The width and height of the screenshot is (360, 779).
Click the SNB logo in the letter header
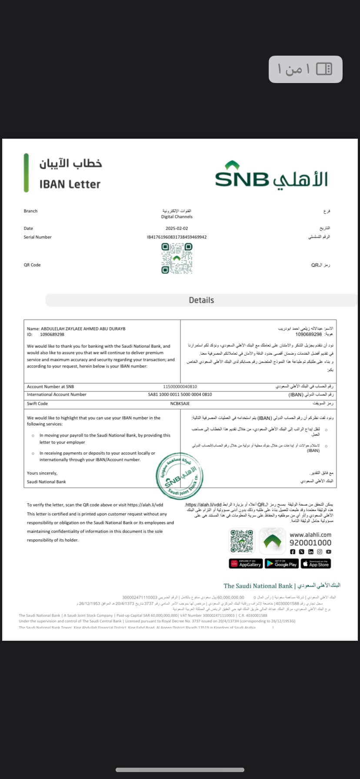pyautogui.click(x=271, y=175)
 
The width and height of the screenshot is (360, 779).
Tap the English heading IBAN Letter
pyautogui.click(x=70, y=184)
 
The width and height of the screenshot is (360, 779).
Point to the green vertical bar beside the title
pyautogui.click(x=27, y=173)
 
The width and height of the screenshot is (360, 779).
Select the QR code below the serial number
pyautogui.click(x=177, y=258)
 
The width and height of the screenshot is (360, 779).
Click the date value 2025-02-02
pyautogui.click(x=177, y=228)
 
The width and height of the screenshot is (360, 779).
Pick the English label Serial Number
pyautogui.click(x=37, y=237)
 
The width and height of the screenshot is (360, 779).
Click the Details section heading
pyautogui.click(x=201, y=300)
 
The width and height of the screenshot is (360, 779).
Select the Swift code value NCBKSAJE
pyautogui.click(x=180, y=403)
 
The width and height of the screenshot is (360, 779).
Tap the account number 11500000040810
pyautogui.click(x=180, y=386)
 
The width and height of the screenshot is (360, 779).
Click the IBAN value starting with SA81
pyautogui.click(x=180, y=395)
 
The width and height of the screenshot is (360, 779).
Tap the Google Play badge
pyautogui.click(x=281, y=564)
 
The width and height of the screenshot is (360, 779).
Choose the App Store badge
pyautogui.click(x=316, y=564)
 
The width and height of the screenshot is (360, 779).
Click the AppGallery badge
pyautogui.click(x=246, y=564)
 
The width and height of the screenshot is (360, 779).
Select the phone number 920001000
pyautogui.click(x=310, y=543)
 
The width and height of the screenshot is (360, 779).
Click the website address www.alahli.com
pyautogui.click(x=310, y=535)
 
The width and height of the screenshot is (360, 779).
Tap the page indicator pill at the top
pyautogui.click(x=305, y=69)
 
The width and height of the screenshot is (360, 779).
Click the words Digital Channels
pyautogui.click(x=177, y=216)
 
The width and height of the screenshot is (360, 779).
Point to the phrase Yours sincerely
pyautogui.click(x=42, y=473)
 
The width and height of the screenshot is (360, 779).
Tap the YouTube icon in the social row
pyautogui.click(x=329, y=552)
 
